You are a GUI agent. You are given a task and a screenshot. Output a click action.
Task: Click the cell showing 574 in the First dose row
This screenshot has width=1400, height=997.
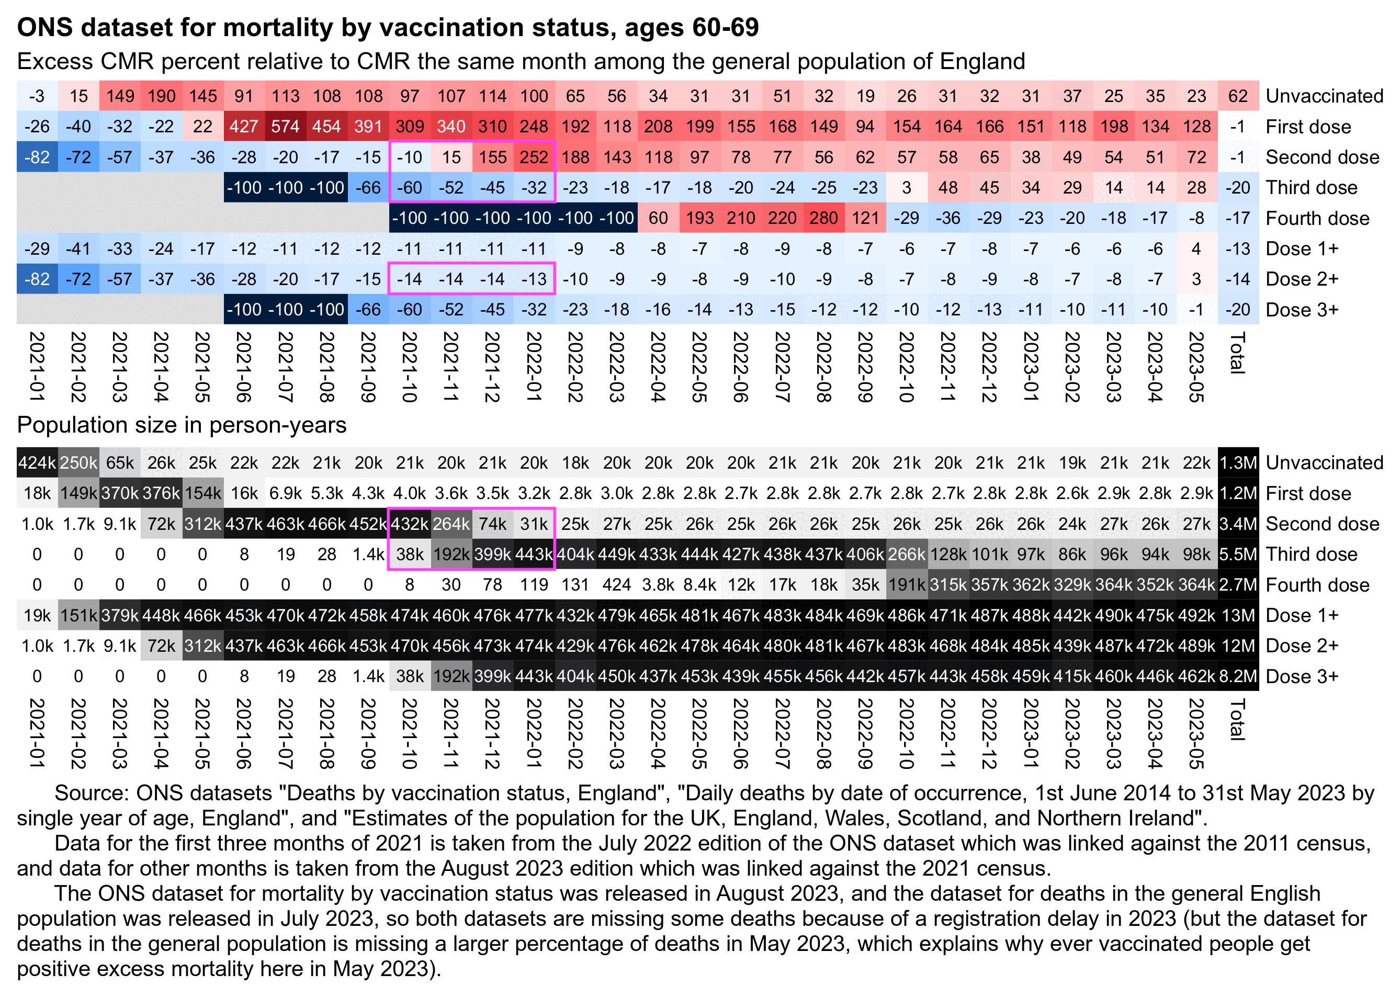(x=285, y=127)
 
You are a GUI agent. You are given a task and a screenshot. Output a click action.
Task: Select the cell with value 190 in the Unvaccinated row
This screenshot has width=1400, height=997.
(x=161, y=96)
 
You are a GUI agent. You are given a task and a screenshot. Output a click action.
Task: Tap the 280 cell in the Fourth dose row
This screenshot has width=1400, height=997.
(x=823, y=218)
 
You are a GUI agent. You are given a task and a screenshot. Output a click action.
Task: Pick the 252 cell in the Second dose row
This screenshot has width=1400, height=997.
(x=534, y=157)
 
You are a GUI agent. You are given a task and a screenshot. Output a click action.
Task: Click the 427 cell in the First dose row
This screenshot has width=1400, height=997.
(x=244, y=127)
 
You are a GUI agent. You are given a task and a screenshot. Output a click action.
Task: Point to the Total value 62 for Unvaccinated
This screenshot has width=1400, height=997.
(x=1237, y=96)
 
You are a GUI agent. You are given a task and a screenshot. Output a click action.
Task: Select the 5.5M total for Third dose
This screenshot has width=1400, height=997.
(x=1237, y=554)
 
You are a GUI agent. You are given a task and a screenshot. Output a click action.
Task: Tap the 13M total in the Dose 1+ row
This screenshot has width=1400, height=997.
(x=1237, y=615)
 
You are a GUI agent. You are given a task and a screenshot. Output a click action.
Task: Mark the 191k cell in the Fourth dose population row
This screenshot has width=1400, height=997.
(x=906, y=584)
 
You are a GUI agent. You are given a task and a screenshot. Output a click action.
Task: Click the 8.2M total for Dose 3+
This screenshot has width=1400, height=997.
(x=1237, y=676)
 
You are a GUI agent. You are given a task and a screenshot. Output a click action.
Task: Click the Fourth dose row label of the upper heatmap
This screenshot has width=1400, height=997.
(x=1317, y=218)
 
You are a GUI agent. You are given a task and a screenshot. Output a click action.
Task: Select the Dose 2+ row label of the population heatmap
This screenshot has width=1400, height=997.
(x=1302, y=645)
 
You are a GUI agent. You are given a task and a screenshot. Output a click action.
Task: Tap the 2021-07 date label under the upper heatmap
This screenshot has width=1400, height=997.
(x=285, y=367)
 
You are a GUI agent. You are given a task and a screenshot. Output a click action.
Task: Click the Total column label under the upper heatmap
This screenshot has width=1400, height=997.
(x=1237, y=353)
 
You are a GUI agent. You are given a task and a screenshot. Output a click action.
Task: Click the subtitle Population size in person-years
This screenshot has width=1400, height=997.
(x=181, y=425)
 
